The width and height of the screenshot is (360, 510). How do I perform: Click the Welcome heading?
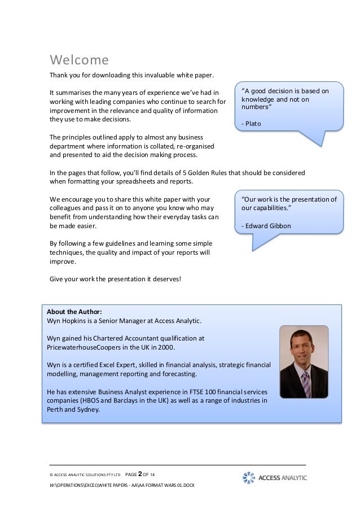click(x=79, y=59)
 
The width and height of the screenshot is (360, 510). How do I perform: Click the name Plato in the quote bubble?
click(x=253, y=124)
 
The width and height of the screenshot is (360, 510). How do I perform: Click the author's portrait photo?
click(x=304, y=362)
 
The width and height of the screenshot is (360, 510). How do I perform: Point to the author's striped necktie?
click(x=305, y=385)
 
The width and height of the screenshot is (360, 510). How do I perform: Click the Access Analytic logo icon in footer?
click(x=249, y=477)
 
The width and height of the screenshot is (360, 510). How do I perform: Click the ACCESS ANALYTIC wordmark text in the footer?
click(x=283, y=478)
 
